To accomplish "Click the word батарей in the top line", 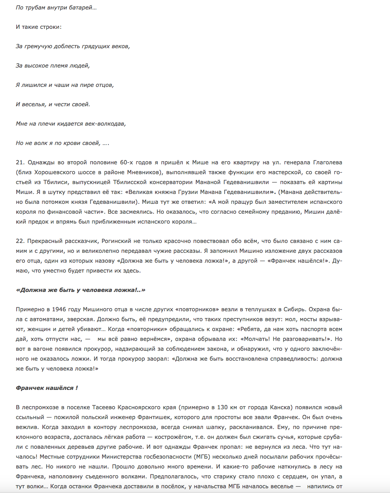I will pos(81,8).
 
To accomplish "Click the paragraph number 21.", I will pos(20,162).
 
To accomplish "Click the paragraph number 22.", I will pos(20,241).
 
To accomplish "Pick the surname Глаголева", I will pos(328,162).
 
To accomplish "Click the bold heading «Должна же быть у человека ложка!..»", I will pos(81,290).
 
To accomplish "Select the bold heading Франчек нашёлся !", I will pos(47,388).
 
